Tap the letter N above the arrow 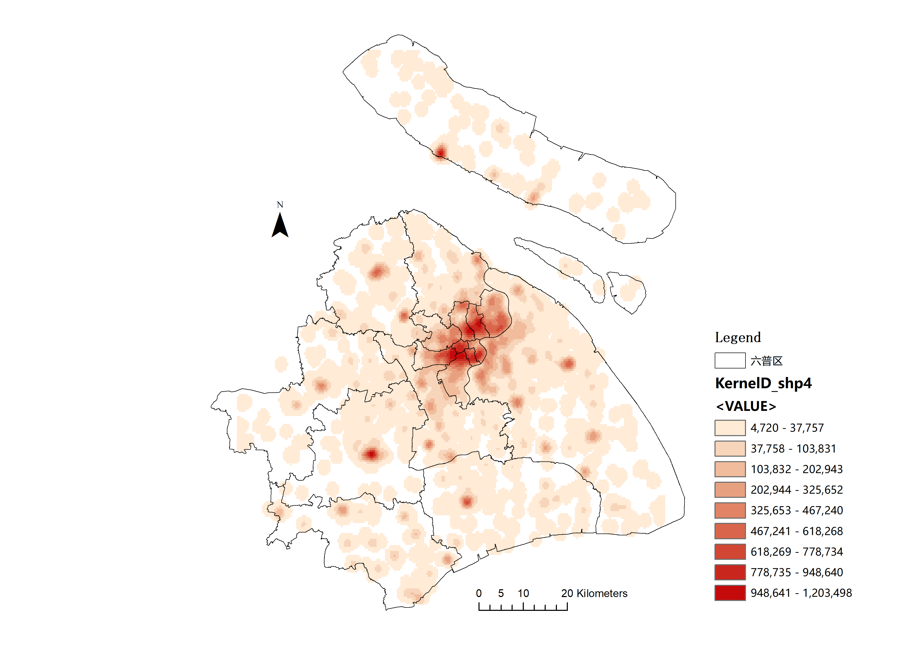(x=280, y=205)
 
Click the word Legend (x=738, y=337)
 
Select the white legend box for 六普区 (x=730, y=361)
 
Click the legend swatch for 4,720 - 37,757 (x=730, y=428)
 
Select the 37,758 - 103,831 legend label (x=793, y=449)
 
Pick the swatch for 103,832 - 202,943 (x=730, y=469)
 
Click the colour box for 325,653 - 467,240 (x=730, y=510)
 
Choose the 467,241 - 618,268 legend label (x=797, y=531)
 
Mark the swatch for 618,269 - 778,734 (x=730, y=552)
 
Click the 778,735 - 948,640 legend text (x=797, y=572)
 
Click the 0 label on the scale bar (x=479, y=593)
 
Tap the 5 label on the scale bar (x=501, y=593)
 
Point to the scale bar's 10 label (x=523, y=593)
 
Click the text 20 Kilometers (x=594, y=593)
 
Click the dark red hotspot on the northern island (x=440, y=152)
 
